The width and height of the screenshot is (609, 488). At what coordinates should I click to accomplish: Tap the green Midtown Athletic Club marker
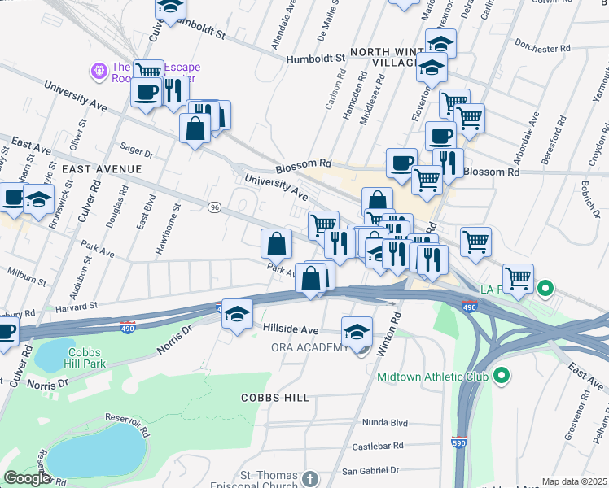click(502, 377)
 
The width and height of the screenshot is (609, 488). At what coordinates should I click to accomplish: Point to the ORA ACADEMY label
click(309, 348)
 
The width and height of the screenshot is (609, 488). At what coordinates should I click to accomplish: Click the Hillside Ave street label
click(290, 329)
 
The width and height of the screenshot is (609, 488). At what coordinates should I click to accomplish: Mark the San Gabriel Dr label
click(371, 470)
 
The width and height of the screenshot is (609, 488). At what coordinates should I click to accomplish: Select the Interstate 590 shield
click(458, 441)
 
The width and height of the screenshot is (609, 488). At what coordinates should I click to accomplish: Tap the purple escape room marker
click(99, 72)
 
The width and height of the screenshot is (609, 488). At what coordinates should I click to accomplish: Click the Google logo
click(27, 478)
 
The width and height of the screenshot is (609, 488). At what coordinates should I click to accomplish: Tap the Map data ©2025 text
click(574, 481)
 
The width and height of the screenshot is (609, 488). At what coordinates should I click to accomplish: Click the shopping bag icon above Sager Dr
click(195, 129)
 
